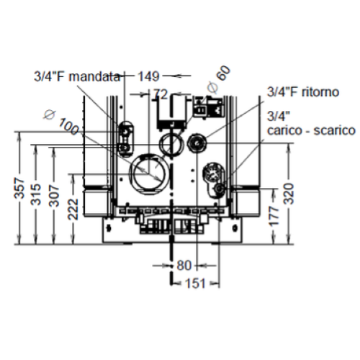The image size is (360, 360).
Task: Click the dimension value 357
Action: coord(20,188)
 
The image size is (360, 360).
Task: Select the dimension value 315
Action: coord(36,194)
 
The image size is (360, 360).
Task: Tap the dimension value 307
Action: coord(54,196)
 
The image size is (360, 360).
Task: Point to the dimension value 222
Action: coord(73,209)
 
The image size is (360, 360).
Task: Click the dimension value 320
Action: coord(289,194)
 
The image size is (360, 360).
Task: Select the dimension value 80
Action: coord(184,266)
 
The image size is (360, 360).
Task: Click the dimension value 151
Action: coord(195,284)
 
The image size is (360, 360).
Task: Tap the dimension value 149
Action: coord(148,76)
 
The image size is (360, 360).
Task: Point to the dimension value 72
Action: coord(161,94)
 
